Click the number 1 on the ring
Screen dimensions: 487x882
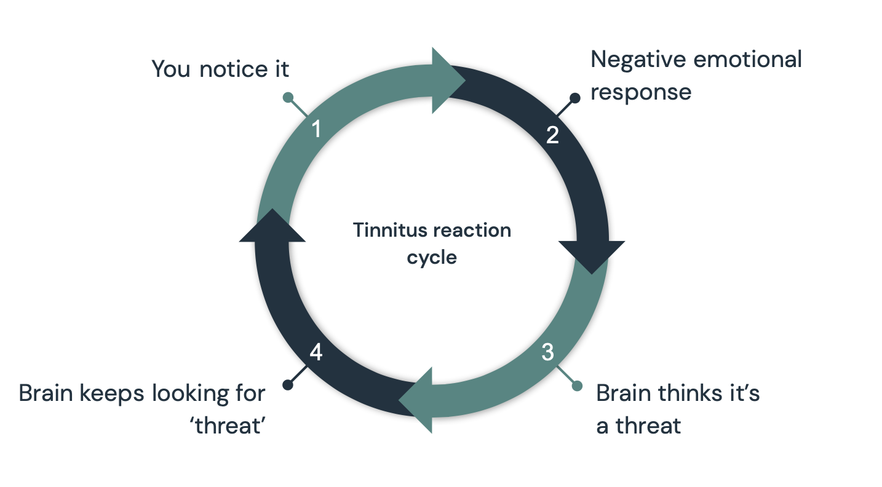(x=316, y=130)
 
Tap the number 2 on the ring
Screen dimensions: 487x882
(x=552, y=135)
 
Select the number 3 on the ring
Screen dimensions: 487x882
(x=547, y=353)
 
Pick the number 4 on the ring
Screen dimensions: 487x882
(x=316, y=353)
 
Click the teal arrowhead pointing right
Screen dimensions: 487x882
(x=448, y=81)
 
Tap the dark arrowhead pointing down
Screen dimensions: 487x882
(x=592, y=255)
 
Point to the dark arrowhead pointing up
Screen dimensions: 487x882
(x=272, y=227)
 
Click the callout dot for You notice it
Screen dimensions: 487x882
(x=287, y=97)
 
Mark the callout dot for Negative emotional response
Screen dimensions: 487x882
(x=574, y=97)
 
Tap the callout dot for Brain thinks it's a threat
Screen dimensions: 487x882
(x=577, y=386)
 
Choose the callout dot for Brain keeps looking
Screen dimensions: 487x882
(x=287, y=385)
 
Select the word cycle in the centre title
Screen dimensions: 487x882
(x=432, y=258)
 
